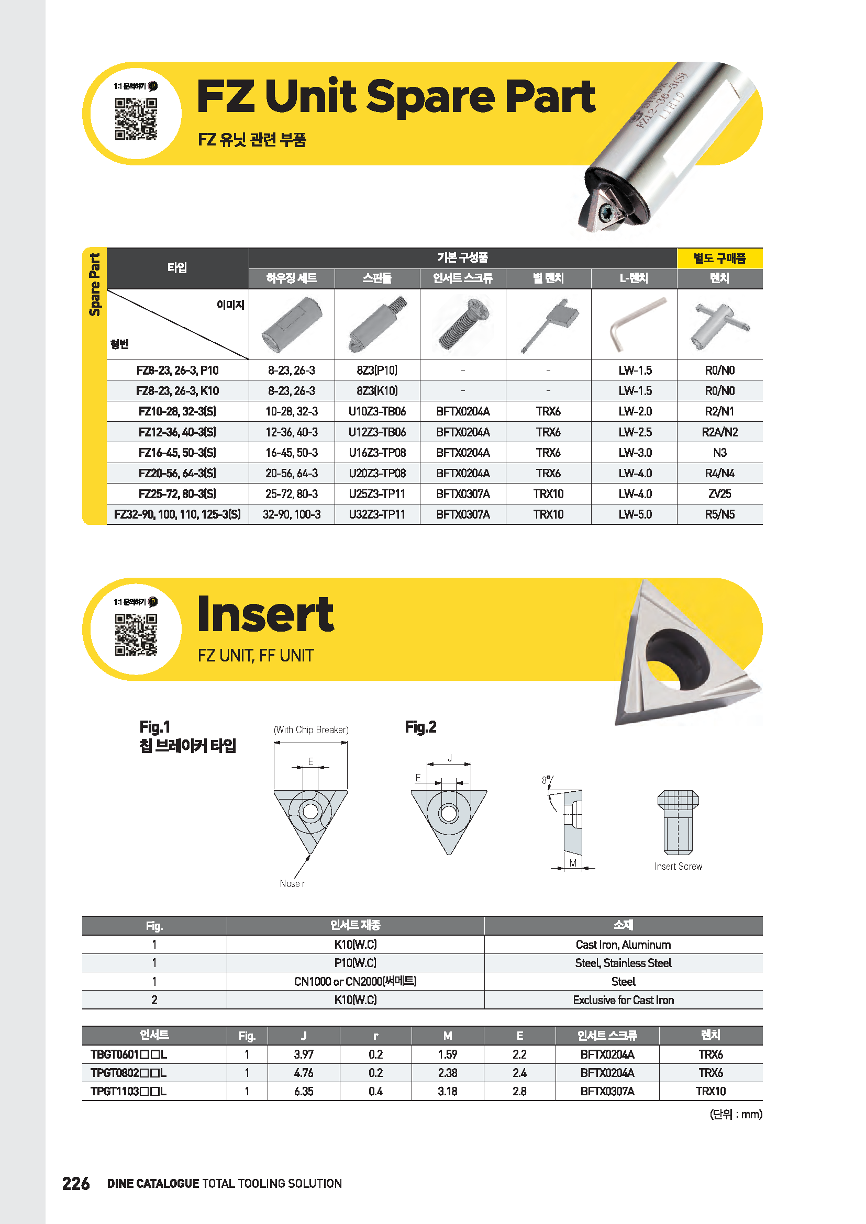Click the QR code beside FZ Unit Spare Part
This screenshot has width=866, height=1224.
[x=136, y=118]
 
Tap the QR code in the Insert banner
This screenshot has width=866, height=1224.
[x=136, y=634]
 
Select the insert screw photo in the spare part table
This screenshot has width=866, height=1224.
[x=462, y=324]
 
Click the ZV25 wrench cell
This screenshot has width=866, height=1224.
[x=719, y=493]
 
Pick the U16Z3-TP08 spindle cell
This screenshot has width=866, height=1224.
[x=377, y=453]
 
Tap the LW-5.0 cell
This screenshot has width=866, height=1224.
[x=635, y=514]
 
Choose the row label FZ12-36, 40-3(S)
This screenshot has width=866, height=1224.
[x=177, y=432]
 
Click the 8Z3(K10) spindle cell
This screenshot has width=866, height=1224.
[x=377, y=391]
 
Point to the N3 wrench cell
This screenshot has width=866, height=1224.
[x=719, y=453]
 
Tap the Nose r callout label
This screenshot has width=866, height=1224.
[x=292, y=883]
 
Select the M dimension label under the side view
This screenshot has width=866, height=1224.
[x=573, y=863]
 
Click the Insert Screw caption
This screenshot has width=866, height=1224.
[x=678, y=866]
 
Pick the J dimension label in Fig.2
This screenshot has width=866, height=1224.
[x=450, y=758]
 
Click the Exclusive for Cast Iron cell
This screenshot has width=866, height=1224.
[x=623, y=1000]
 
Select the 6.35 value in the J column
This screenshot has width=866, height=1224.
[x=304, y=1091]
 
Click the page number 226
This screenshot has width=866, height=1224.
[x=76, y=1184]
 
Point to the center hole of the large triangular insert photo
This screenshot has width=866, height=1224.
[x=677, y=656]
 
